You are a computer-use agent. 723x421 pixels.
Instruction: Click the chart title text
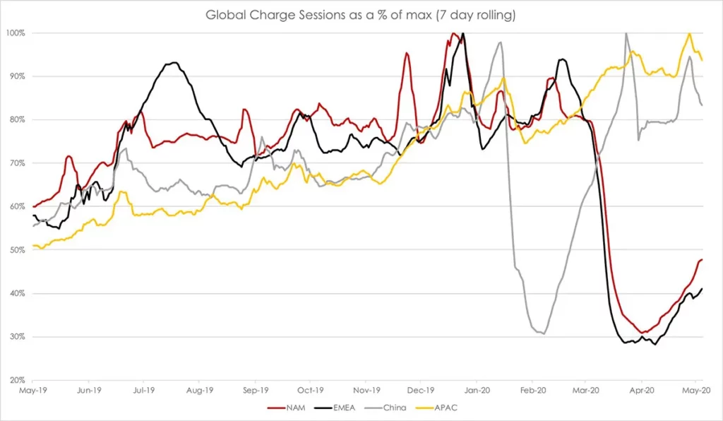tap(361, 15)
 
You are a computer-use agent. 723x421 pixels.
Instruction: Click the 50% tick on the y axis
tap(17, 250)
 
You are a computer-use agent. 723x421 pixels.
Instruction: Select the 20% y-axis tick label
tap(17, 380)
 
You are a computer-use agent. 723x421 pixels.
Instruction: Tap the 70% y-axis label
tap(17, 163)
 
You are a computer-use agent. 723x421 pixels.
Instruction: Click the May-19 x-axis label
tap(32, 389)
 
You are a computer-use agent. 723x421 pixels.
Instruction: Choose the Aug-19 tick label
tap(200, 389)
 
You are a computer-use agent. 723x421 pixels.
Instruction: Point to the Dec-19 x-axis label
tap(421, 389)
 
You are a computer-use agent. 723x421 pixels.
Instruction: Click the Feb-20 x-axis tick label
tap(532, 389)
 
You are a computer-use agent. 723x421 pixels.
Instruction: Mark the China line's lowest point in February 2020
tap(542, 333)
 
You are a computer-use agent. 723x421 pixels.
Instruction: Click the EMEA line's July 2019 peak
tap(172, 63)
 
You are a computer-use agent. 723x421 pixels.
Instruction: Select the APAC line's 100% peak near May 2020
tap(689, 33)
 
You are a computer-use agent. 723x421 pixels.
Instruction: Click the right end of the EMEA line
tap(702, 288)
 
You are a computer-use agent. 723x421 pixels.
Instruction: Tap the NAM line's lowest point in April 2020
tap(643, 333)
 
